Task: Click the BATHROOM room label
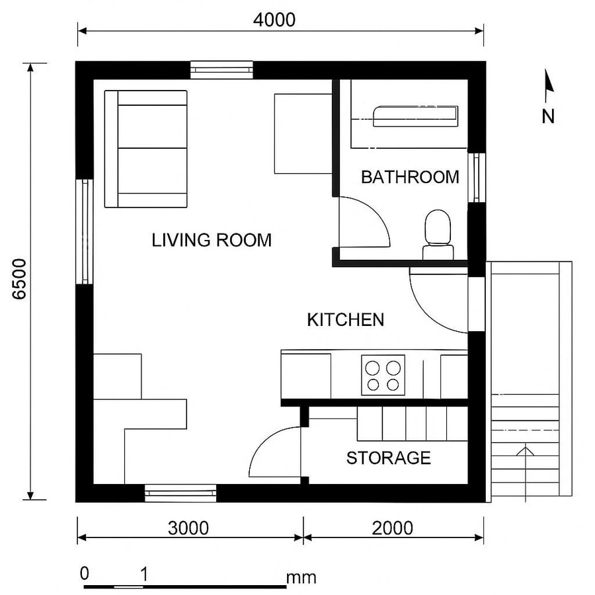pos(410,177)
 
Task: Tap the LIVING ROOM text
pos(212,240)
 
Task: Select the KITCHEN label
pos(345,320)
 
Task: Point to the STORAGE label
pos(388,458)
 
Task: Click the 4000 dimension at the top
pos(274,20)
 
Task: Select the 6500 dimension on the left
pos(19,280)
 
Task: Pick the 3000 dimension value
pos(188,528)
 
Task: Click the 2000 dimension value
pos(392,528)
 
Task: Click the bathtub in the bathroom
pos(415,116)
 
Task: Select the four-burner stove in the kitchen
pos(383,375)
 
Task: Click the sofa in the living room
pos(146,149)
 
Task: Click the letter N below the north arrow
pos(548,117)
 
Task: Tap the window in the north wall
pos(221,69)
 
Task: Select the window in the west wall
pos(85,231)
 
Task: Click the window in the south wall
pos(180,493)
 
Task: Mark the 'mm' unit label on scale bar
pos(301,578)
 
